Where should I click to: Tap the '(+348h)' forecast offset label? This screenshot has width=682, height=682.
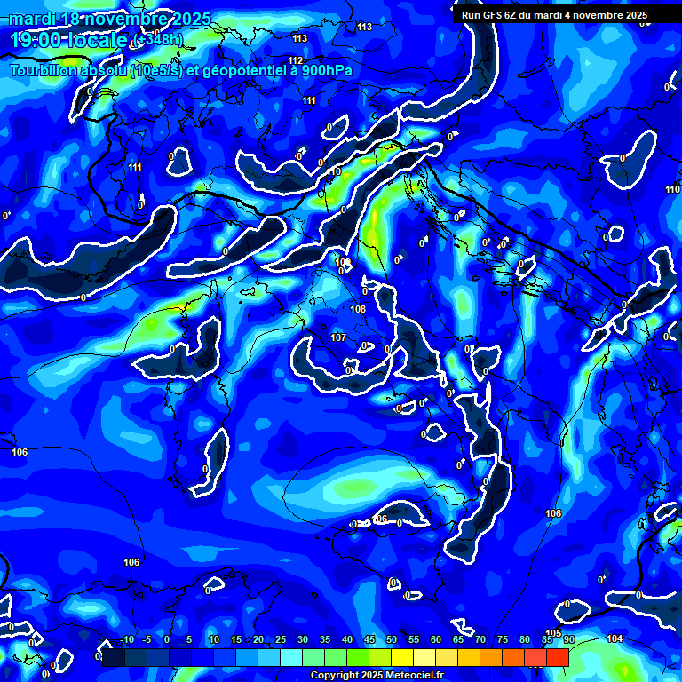click(x=156, y=40)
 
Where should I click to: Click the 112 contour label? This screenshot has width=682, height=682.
click(x=296, y=60)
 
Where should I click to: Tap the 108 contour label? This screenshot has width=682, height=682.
click(x=358, y=309)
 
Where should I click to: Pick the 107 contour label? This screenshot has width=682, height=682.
click(x=338, y=337)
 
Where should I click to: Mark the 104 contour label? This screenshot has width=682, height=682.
click(x=615, y=638)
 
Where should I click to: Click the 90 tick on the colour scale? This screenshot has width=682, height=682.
click(x=568, y=639)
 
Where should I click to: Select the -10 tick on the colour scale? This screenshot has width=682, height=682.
click(x=127, y=639)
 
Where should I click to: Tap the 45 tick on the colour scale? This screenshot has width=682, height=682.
click(x=369, y=639)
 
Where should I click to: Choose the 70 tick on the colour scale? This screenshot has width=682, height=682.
click(x=480, y=639)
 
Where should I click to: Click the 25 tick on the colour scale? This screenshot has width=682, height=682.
click(x=281, y=639)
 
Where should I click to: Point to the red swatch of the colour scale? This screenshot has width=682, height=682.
click(x=557, y=657)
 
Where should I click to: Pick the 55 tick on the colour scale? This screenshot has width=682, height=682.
click(x=414, y=639)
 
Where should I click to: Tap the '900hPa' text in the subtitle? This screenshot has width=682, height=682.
click(x=339, y=70)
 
